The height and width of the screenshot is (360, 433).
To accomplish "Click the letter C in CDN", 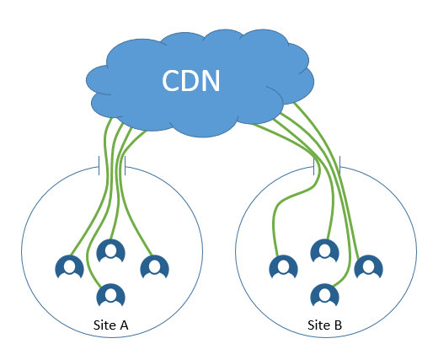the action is tap(171, 80).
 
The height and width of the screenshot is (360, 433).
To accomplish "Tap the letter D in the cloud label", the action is tap(191, 81).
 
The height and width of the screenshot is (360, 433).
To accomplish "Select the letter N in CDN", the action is tap(211, 81).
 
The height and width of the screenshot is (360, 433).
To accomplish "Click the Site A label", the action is tap(110, 325).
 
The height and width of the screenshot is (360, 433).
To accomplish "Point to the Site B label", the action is tap(324, 325).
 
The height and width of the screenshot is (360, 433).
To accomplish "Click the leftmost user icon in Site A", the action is tap(69, 266).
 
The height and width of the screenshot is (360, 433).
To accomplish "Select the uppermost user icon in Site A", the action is tap(110, 250).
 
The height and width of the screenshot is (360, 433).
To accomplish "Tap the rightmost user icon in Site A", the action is tap(154, 266).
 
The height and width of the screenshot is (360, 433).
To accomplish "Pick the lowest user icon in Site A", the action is tap(110, 295).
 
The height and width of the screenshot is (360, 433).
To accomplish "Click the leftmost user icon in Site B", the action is tap(283, 266).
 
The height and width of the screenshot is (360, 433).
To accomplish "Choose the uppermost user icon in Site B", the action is tap(324, 250).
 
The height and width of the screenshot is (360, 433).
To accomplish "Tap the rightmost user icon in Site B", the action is tap(368, 266).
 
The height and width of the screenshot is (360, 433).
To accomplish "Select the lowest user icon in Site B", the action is tap(324, 295).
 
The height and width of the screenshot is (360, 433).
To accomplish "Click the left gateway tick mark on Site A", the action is tap(99, 165).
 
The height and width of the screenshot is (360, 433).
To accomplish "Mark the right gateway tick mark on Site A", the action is tap(125, 165).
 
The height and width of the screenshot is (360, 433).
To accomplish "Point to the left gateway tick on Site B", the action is tap(313, 165).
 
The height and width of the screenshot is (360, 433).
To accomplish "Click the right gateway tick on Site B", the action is tap(339, 165).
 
